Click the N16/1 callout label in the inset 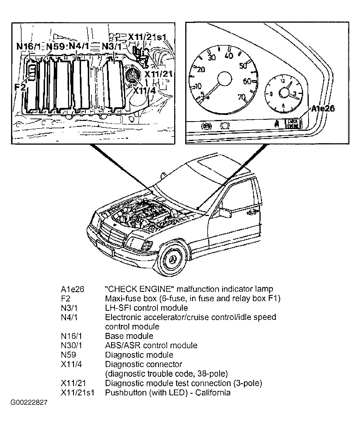tap(29, 46)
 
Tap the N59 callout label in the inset tap(56, 46)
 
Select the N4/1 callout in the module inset tap(81, 46)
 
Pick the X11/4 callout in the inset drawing tap(144, 91)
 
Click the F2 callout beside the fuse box tap(20, 87)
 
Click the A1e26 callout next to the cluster tap(323, 108)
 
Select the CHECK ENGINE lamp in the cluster tap(293, 124)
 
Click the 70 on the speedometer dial tap(241, 97)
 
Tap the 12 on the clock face tap(282, 81)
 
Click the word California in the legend tap(213, 393)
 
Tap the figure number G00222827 tap(29, 402)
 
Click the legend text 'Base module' tap(129, 336)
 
